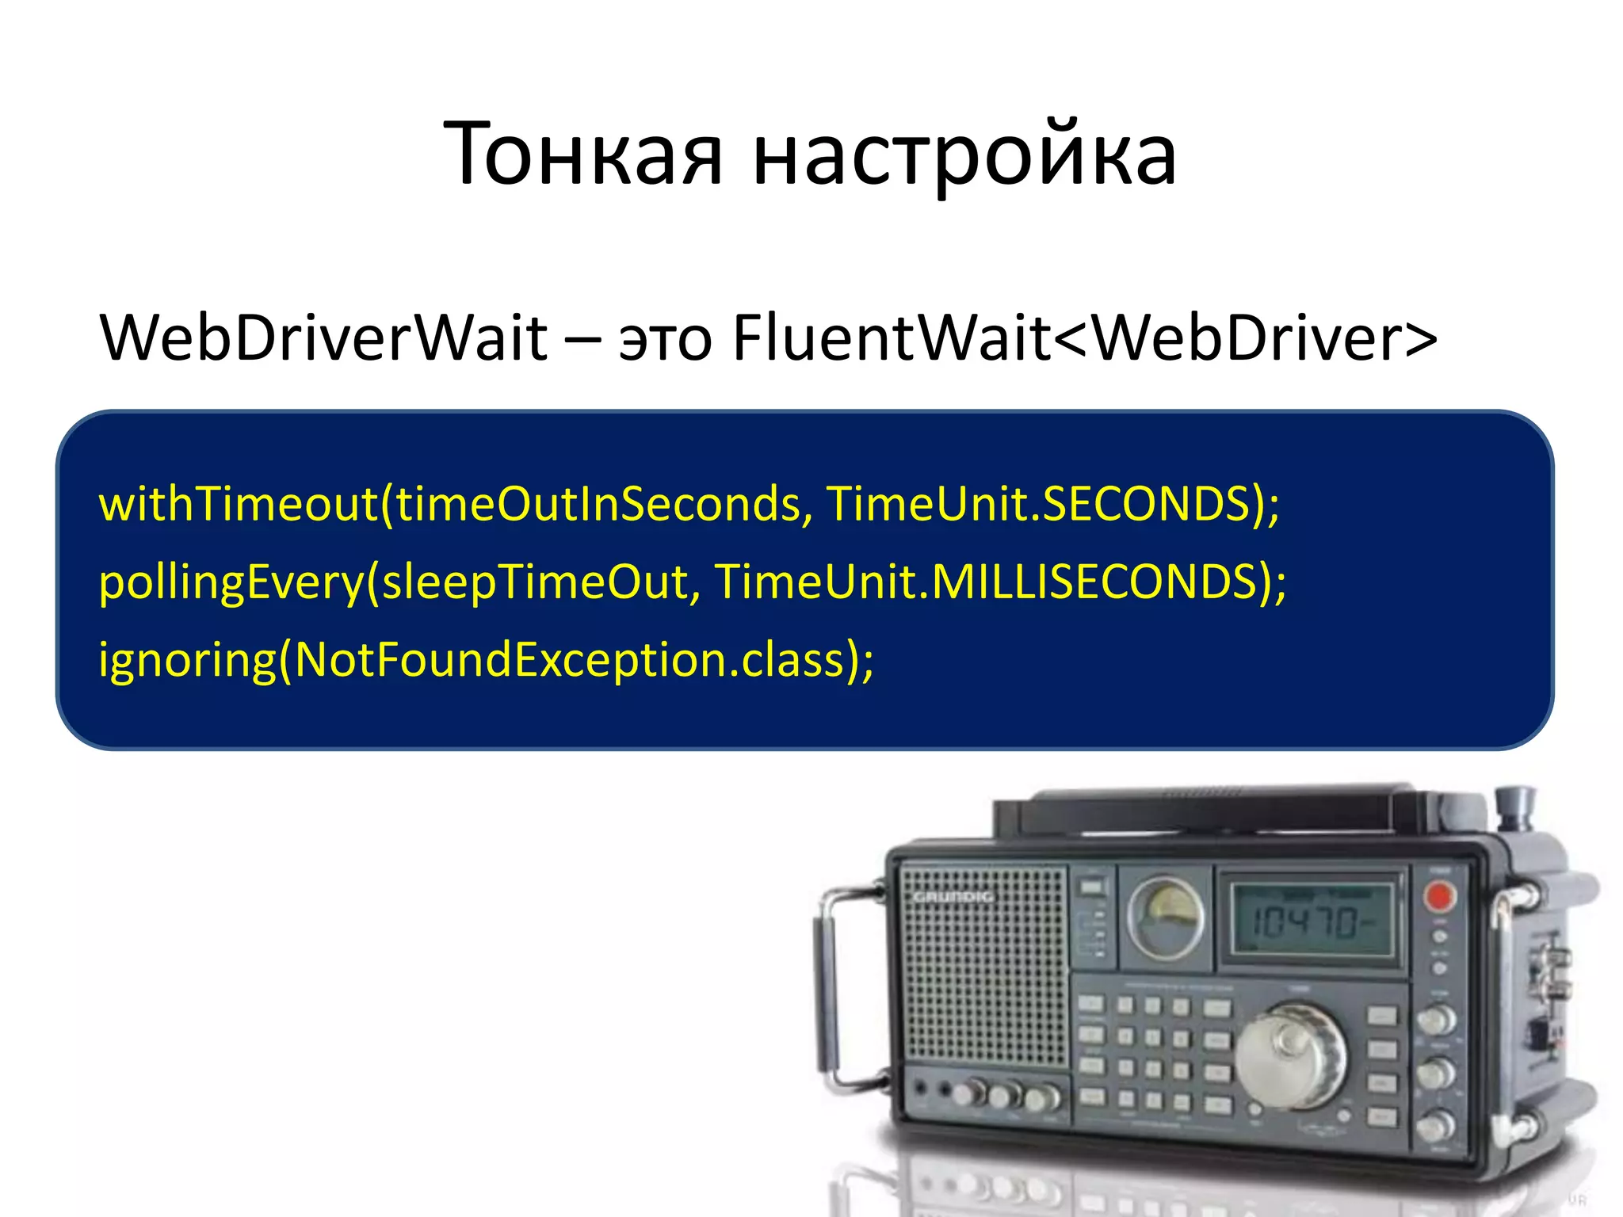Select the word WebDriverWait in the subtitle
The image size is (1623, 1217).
(x=323, y=338)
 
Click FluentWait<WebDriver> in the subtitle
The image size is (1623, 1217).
(x=1084, y=338)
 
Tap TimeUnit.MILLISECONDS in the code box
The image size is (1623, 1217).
(x=987, y=582)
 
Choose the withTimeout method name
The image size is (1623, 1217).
(x=238, y=504)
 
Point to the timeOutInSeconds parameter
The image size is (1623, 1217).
(x=598, y=504)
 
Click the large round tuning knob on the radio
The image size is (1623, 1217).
(x=1289, y=1057)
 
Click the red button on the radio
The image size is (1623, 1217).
(x=1439, y=897)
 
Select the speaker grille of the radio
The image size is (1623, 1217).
(x=985, y=975)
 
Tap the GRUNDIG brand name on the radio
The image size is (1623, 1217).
(x=953, y=897)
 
